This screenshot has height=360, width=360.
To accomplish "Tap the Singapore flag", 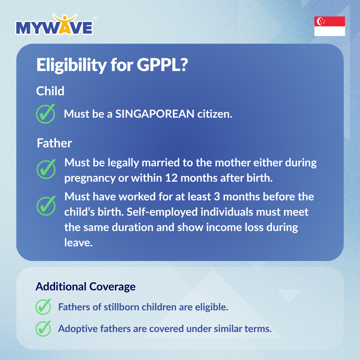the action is click(x=329, y=26).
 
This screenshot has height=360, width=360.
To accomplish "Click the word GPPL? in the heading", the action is click(x=162, y=65).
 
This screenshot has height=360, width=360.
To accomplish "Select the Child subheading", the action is click(x=50, y=91).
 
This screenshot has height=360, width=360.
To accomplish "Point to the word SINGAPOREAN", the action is click(x=155, y=114).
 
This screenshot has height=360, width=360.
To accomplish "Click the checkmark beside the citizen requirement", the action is click(x=46, y=114).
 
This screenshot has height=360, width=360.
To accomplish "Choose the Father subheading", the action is click(x=54, y=143).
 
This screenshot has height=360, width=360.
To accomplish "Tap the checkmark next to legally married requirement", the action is click(x=46, y=169).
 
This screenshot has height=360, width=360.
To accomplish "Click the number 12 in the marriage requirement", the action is click(x=171, y=178).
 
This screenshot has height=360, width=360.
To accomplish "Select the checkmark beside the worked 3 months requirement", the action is click(x=46, y=206).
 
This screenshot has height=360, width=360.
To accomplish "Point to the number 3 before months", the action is click(x=217, y=197).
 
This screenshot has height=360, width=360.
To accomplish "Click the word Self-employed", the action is click(x=162, y=212).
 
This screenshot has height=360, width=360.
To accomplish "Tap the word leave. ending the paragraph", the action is click(x=78, y=243).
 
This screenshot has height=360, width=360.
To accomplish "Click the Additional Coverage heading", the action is click(x=85, y=287).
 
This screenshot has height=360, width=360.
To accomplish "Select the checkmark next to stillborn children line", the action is click(x=43, y=307).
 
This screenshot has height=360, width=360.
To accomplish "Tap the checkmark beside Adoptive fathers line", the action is click(x=43, y=329).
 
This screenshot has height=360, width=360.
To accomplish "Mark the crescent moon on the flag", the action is click(x=319, y=21).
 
